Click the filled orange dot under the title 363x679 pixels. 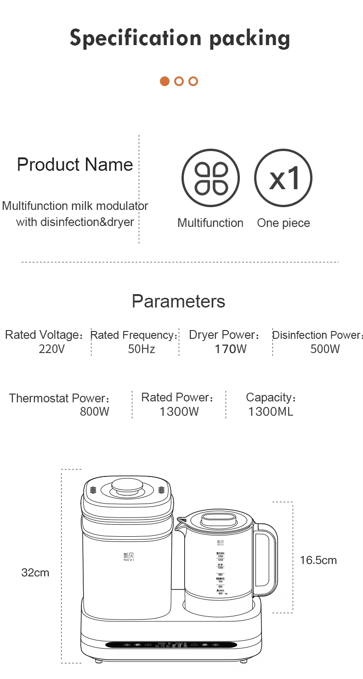[x=164, y=81]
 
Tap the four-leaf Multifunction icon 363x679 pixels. [x=210, y=178]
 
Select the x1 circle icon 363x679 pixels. [x=284, y=178]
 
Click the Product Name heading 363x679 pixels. [x=75, y=165]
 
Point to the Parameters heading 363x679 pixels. [x=178, y=302]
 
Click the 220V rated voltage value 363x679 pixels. [x=52, y=349]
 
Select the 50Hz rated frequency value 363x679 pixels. [x=142, y=349]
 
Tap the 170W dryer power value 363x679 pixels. [x=231, y=349]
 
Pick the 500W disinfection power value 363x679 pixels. [x=325, y=349]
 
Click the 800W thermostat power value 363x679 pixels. [x=95, y=412]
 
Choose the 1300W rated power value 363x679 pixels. [x=179, y=412]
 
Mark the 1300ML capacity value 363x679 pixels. [x=270, y=412]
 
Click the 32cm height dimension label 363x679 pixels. [x=35, y=573]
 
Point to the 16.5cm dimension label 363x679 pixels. [x=318, y=560]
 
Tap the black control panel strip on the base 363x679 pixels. [x=171, y=645]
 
